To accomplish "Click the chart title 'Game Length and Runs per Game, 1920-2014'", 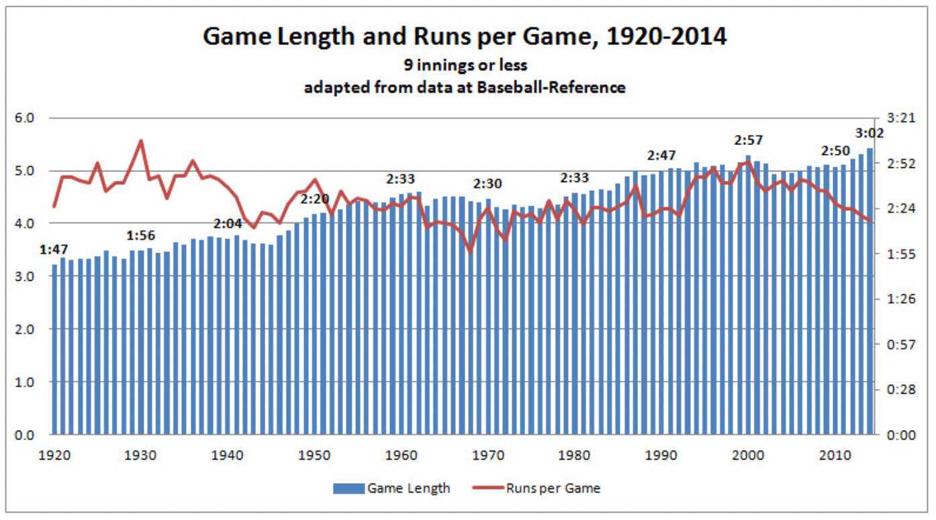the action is [465, 36].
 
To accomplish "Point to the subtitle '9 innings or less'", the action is [465, 65].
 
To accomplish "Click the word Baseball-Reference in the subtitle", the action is [551, 87].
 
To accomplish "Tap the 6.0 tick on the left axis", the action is [24, 118].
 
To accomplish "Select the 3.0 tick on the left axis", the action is [24, 276].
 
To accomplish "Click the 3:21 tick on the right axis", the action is [901, 118].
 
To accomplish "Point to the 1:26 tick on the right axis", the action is [901, 299].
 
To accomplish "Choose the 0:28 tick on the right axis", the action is [901, 390].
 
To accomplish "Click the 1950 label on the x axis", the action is [314, 456].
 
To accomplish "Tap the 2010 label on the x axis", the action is [835, 456].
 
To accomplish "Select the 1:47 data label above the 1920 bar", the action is [54, 249].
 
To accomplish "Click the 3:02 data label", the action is [870, 133].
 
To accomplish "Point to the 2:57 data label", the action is [749, 140].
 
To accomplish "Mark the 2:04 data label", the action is [228, 224].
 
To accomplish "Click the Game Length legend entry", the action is [391, 488].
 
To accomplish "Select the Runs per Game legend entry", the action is [536, 488].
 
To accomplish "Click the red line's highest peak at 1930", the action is [141, 141].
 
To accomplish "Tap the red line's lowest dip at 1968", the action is [471, 252].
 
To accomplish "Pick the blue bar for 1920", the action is [54, 349].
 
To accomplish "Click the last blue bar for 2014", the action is [870, 292].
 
